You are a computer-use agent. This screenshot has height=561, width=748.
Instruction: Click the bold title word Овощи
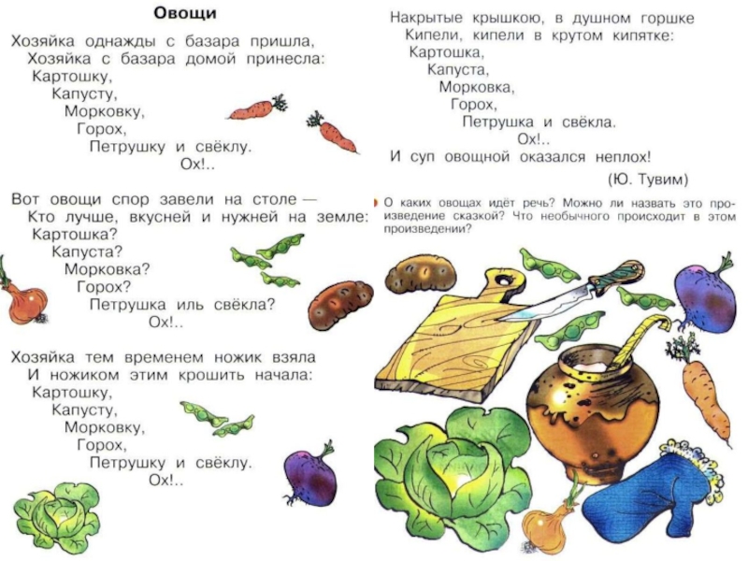pyautogui.click(x=186, y=14)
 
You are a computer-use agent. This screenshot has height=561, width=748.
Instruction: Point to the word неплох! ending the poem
pyautogui.click(x=619, y=157)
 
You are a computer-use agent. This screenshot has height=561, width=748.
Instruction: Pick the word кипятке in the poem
pyautogui.click(x=631, y=36)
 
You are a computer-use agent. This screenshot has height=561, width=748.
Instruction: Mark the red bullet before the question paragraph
pyautogui.click(x=376, y=202)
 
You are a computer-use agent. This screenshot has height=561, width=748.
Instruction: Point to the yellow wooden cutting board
pyautogui.click(x=458, y=337)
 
